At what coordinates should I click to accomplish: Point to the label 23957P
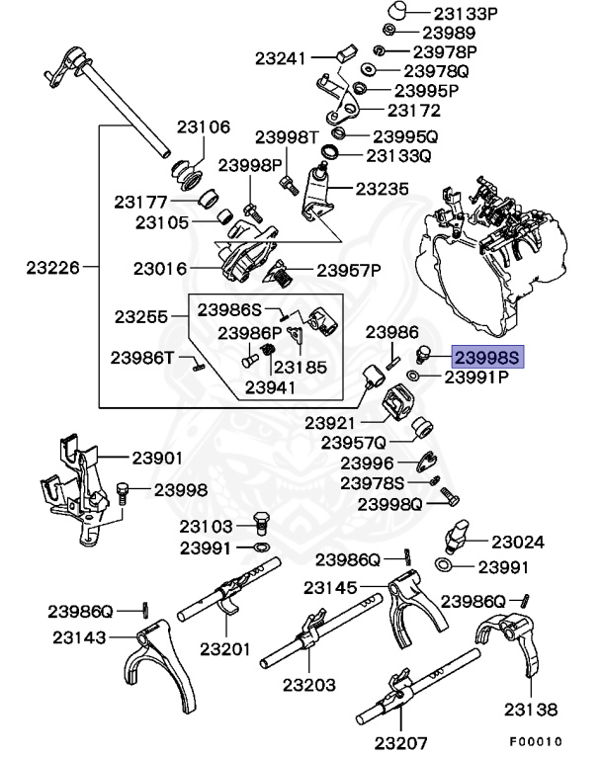[x=349, y=269]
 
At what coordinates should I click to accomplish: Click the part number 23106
[x=204, y=126]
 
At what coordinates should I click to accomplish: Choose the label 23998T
[x=287, y=136]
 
